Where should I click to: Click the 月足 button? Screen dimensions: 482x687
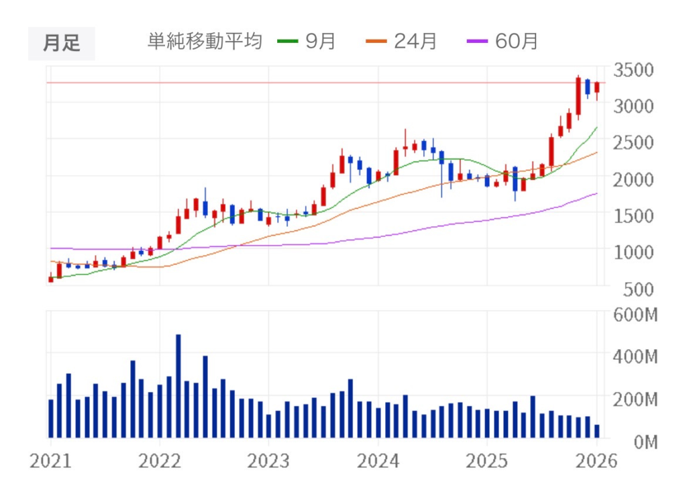point(61,43)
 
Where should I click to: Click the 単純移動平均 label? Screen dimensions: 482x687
point(204,42)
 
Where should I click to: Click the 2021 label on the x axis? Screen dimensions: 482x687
point(50,462)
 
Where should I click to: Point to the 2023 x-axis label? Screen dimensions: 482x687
point(268,462)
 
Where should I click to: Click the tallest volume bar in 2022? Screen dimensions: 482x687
point(178,386)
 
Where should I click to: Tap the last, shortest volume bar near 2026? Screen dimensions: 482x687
point(596,431)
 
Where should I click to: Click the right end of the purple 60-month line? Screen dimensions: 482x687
point(596,193)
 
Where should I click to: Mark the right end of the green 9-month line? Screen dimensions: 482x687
point(596,127)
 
